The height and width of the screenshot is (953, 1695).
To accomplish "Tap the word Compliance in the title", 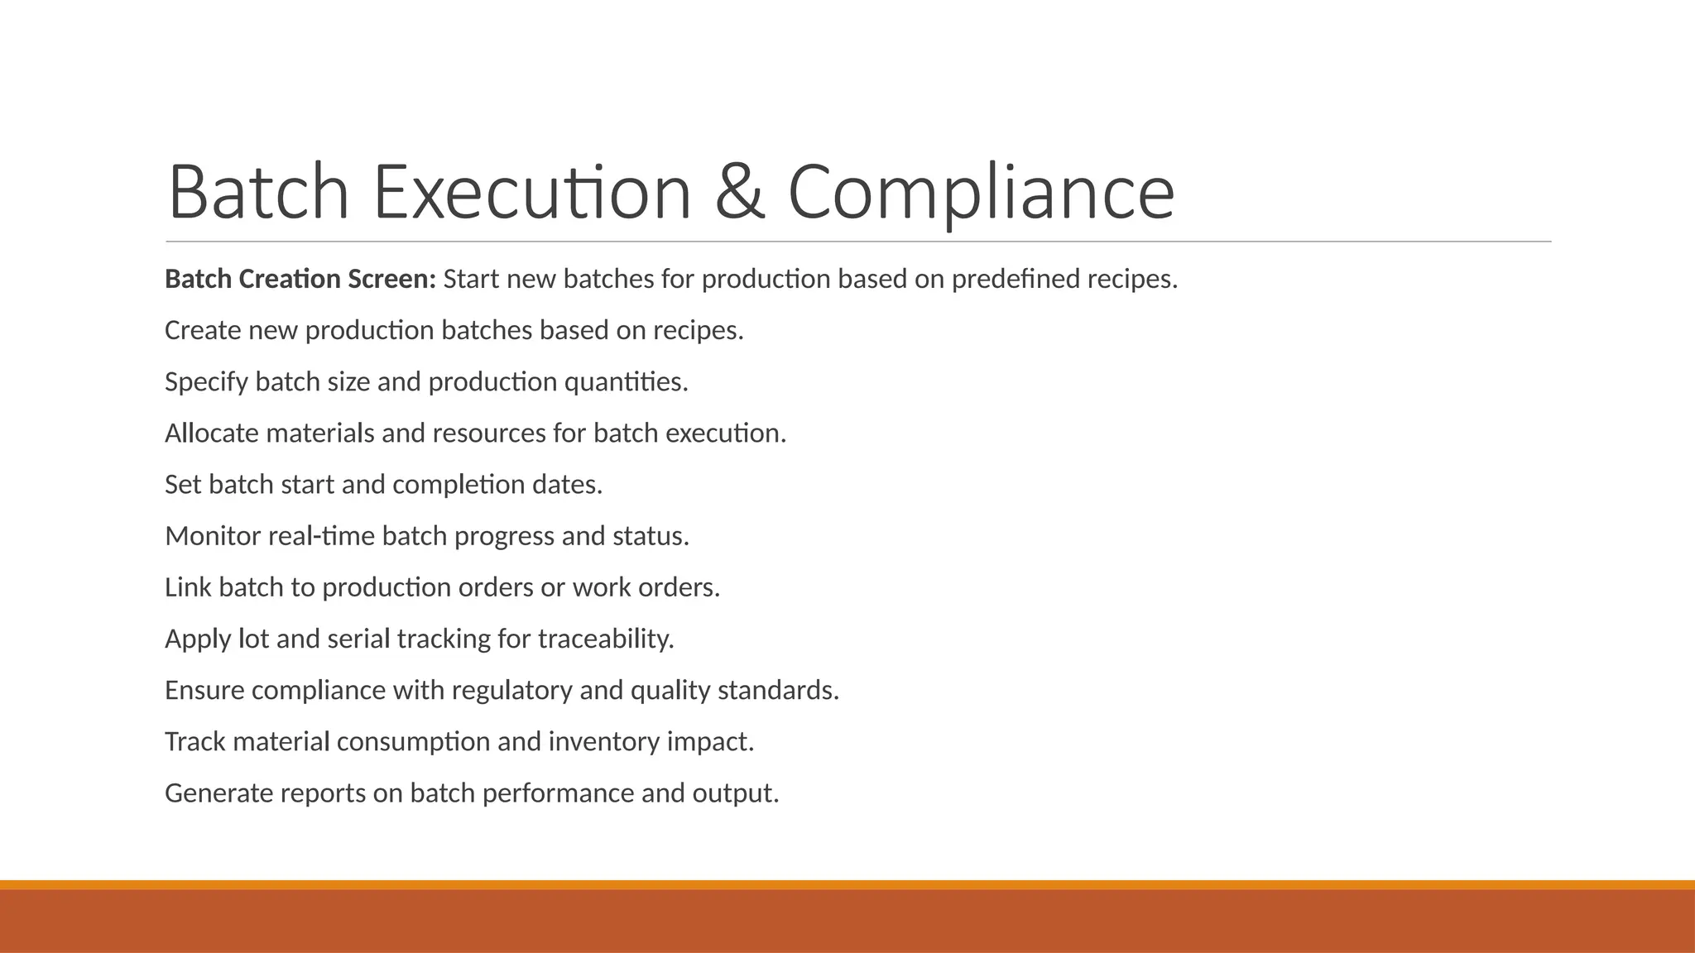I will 981,193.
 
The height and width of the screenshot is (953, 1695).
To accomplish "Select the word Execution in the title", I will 532,193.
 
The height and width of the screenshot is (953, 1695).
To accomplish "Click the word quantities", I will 626,382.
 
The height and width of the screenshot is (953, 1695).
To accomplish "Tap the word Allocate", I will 212,433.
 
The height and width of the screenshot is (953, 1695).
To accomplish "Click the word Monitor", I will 213,536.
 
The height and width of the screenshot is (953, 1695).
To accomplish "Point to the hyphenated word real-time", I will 321,536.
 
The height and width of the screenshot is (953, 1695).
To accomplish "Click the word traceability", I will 606,639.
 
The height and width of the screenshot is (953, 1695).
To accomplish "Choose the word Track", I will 195,742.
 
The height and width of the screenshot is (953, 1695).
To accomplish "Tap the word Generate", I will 218,793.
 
